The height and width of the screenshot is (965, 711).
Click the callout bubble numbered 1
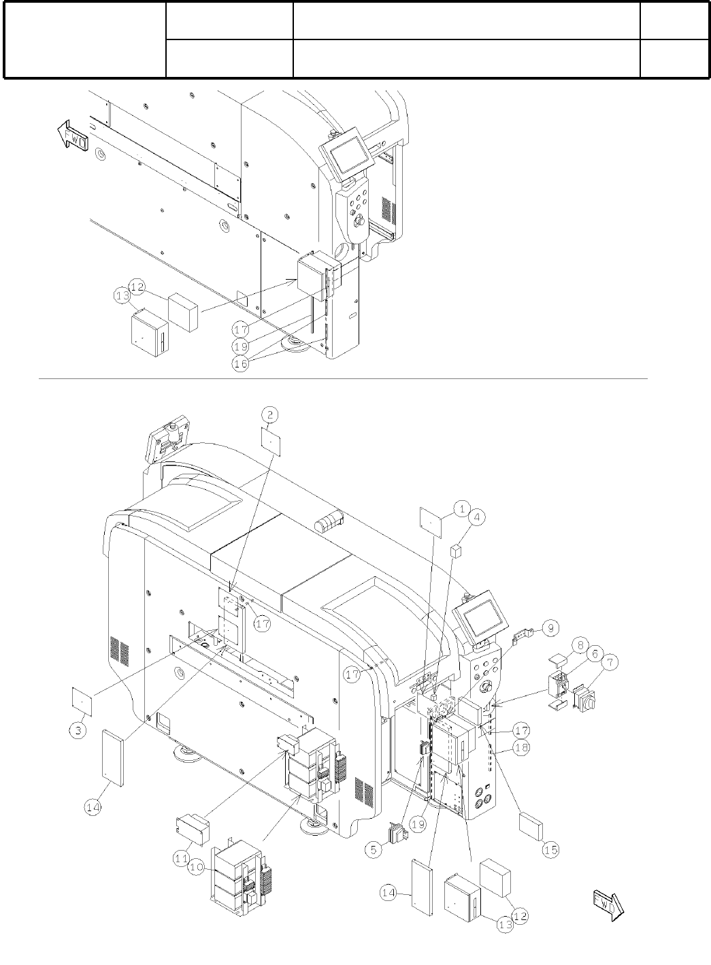tap(462, 508)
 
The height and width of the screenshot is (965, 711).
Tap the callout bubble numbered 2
tap(270, 414)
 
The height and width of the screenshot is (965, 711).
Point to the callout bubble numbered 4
tap(478, 517)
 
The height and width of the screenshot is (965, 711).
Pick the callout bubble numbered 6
tap(593, 653)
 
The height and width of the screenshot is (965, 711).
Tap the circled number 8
tap(580, 644)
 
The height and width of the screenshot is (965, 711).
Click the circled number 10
tap(196, 868)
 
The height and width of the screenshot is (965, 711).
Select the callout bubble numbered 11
tap(180, 859)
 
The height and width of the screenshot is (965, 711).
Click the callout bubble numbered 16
tap(242, 363)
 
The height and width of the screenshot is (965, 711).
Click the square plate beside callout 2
tap(270, 441)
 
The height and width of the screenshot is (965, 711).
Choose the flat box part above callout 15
tap(531, 825)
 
